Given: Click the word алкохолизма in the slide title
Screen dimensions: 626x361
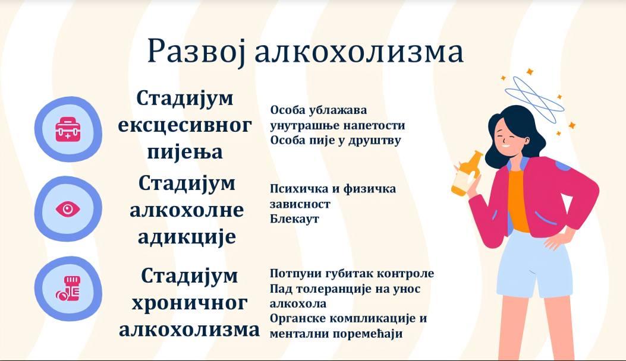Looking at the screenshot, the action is click(359, 52).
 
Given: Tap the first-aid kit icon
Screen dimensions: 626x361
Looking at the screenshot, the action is click(68, 129).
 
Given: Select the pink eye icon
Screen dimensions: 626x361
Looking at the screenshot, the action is click(68, 209).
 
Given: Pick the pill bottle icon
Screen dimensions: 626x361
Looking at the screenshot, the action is click(68, 289).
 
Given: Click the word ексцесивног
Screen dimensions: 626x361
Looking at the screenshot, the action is click(185, 125).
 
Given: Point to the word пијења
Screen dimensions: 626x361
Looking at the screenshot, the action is click(185, 152).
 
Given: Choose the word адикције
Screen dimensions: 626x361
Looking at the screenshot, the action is click(187, 237).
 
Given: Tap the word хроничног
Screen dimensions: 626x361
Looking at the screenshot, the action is click(189, 303).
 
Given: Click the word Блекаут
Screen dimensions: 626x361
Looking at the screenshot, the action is click(294, 219).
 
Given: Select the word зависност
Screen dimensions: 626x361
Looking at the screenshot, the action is click(300, 204).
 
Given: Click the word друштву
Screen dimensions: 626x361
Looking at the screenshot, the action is click(375, 141).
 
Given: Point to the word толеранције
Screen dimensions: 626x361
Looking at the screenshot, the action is click(323, 289).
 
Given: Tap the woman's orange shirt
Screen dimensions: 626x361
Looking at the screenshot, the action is click(518, 199).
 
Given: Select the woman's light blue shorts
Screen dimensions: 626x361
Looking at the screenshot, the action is click(533, 263).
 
